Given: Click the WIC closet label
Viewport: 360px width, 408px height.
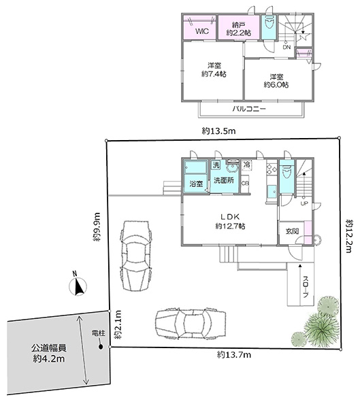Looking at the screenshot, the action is [202, 31].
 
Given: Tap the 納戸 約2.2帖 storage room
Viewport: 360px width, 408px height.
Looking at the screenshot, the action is [239, 29].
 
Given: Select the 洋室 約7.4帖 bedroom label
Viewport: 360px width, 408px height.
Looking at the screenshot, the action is [214, 70].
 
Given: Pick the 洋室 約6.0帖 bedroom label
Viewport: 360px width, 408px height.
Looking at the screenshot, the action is [276, 81].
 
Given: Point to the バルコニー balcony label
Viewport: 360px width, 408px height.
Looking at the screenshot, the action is [249, 109].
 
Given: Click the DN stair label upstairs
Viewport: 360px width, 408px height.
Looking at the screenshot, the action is [287, 47].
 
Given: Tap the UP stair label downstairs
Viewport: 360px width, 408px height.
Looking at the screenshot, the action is [304, 203].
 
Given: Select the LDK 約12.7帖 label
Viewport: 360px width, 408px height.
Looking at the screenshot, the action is [230, 222].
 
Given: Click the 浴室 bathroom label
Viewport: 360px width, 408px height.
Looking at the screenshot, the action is [196, 184].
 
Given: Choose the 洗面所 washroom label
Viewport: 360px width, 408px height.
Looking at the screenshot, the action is [224, 180].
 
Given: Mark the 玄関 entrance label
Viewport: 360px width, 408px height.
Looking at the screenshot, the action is [292, 231].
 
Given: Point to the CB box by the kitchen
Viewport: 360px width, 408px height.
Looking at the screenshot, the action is [245, 184].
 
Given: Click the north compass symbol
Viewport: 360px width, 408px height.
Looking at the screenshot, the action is [78, 286].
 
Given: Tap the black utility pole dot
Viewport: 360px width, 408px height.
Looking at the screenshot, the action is [101, 347].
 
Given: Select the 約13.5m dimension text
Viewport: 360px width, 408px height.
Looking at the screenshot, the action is [219, 131].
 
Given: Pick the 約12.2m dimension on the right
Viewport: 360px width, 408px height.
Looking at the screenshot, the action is [349, 236].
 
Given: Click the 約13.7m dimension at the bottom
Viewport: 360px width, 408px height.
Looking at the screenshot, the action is [234, 354].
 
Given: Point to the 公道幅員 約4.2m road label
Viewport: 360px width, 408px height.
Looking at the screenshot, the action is [49, 354].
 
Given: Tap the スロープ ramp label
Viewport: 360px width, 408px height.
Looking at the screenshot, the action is [306, 287].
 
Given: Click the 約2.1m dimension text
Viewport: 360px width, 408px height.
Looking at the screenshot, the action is [118, 324].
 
